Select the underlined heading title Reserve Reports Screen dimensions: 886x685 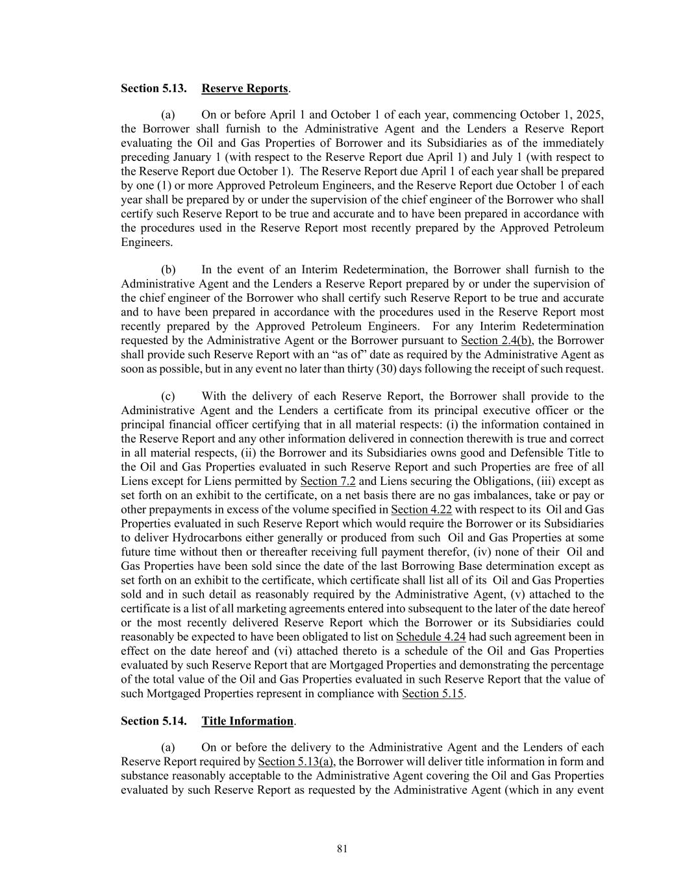click(244, 88)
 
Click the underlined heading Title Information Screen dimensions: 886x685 click(247, 721)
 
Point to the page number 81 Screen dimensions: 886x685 click(343, 849)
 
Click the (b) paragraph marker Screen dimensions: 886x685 click(168, 269)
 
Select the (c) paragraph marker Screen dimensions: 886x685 click(168, 396)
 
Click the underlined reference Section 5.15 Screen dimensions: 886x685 click(433, 694)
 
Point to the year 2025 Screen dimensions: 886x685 click(590, 115)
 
